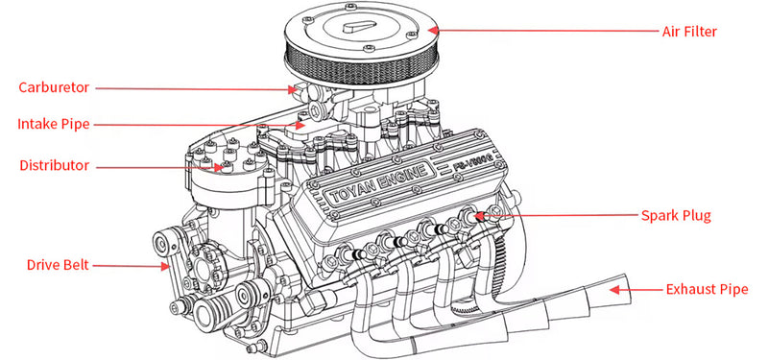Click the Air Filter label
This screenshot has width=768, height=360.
(689, 31)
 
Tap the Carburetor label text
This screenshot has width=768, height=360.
(54, 87)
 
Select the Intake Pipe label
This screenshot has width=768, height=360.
(54, 124)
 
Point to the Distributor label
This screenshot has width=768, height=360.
(54, 165)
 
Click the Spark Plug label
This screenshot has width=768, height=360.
(676, 216)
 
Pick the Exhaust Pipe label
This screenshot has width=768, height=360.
(706, 288)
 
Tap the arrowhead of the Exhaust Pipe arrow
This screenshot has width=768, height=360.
(615, 285)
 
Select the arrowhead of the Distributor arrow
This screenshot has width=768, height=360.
(222, 166)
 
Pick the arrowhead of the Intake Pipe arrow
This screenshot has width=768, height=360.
(305, 124)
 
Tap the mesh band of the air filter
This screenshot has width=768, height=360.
(365, 70)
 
